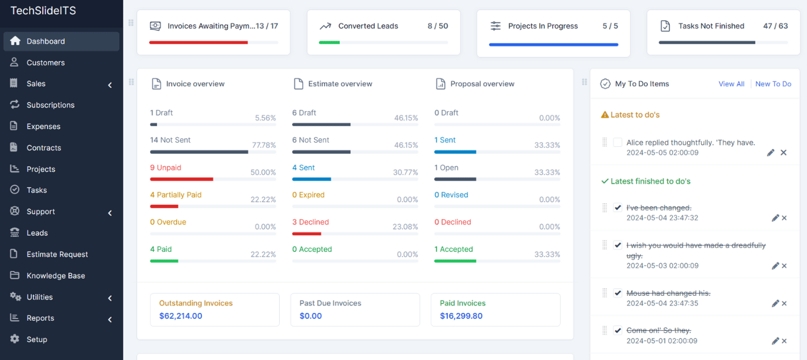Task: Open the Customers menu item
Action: pyautogui.click(x=45, y=62)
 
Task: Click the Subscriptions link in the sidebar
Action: pyautogui.click(x=50, y=105)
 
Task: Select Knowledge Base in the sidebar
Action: pyautogui.click(x=56, y=276)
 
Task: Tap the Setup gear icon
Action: pyautogui.click(x=15, y=339)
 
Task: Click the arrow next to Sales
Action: pyautogui.click(x=110, y=85)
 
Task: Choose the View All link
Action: pyautogui.click(x=732, y=84)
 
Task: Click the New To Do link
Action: pyautogui.click(x=773, y=84)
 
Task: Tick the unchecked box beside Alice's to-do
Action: pyautogui.click(x=618, y=143)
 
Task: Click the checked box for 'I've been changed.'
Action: pyautogui.click(x=618, y=207)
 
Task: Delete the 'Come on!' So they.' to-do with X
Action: pyautogui.click(x=784, y=341)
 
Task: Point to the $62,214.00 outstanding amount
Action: pyautogui.click(x=181, y=316)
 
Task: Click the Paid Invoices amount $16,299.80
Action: pyautogui.click(x=461, y=316)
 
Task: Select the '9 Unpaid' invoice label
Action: pyautogui.click(x=166, y=168)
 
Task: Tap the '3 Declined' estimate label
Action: pyautogui.click(x=311, y=222)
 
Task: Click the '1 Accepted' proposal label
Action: pyautogui.click(x=454, y=250)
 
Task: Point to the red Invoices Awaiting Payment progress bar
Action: pyautogui.click(x=198, y=43)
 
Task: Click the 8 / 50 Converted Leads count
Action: pyautogui.click(x=438, y=26)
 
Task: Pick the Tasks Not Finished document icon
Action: pyautogui.click(x=665, y=26)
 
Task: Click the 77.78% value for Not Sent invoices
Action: pyautogui.click(x=264, y=145)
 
